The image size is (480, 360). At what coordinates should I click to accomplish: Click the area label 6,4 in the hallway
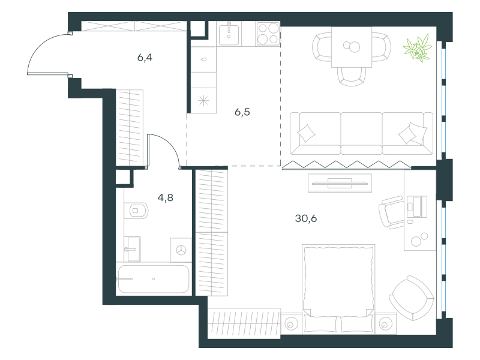pyautogui.click(x=145, y=58)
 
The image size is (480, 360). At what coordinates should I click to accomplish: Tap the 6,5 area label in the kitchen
pyautogui.click(x=242, y=112)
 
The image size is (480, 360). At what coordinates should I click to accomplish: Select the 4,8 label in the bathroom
pyautogui.click(x=166, y=198)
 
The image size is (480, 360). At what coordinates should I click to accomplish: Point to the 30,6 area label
pyautogui.click(x=306, y=218)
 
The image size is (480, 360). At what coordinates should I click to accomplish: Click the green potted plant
pyautogui.click(x=418, y=49)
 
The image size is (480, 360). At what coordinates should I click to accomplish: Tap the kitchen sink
pyautogui.click(x=229, y=34)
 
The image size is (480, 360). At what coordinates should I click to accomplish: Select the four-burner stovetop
pyautogui.click(x=268, y=34)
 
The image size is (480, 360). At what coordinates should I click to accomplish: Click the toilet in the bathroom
pyautogui.click(x=136, y=211)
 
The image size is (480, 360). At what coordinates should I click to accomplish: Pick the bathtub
pyautogui.click(x=154, y=279)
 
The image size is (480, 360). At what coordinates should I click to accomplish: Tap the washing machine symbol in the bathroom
pyautogui.click(x=181, y=250)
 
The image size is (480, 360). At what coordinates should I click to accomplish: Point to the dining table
pyautogui.click(x=352, y=47)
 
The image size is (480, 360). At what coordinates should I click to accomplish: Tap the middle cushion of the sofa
pyautogui.click(x=361, y=133)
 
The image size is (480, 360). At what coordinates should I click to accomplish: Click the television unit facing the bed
pyautogui.click(x=340, y=183)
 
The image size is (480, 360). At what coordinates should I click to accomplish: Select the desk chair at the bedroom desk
pyautogui.click(x=391, y=212)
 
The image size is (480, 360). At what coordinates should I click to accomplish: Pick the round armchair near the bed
pyautogui.click(x=412, y=298)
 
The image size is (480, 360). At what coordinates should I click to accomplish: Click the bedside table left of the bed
pyautogui.click(x=292, y=323)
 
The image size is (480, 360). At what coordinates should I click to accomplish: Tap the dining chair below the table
pyautogui.click(x=352, y=76)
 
